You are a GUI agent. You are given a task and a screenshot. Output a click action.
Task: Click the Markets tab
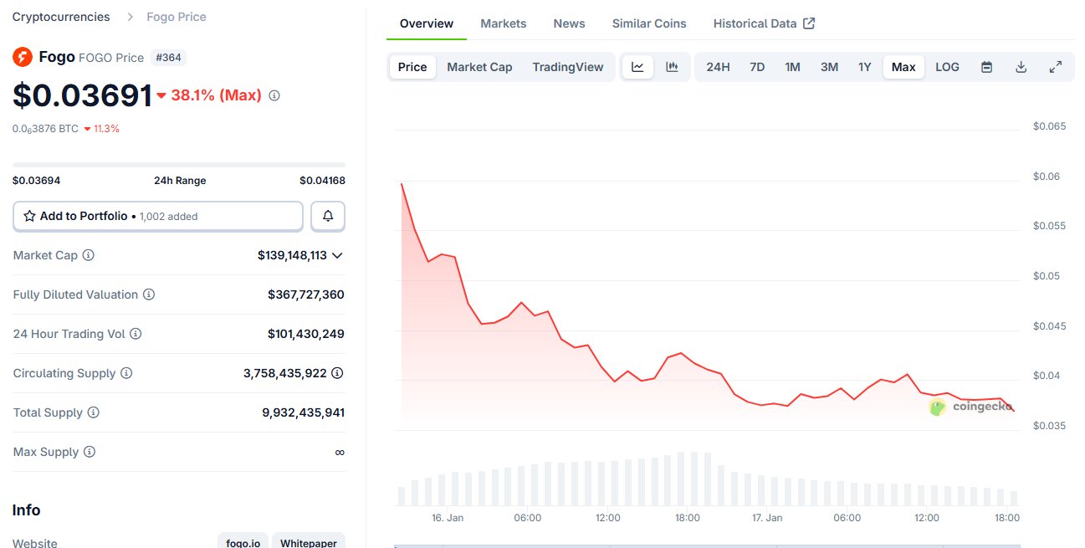[503, 23]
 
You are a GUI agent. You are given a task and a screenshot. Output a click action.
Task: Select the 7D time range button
[757, 67]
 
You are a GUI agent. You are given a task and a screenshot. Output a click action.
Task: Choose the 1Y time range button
[864, 67]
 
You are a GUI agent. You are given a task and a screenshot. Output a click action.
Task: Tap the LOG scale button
[947, 67]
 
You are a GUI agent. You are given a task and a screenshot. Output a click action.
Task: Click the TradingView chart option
[567, 67]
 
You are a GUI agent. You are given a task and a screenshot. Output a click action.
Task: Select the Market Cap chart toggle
[479, 67]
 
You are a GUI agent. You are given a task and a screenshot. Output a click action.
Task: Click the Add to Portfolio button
[158, 216]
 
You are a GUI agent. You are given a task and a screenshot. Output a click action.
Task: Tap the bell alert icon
[328, 216]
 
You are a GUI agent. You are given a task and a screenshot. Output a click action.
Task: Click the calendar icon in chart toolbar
[986, 67]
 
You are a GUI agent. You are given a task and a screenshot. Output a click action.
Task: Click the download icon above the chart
[1021, 67]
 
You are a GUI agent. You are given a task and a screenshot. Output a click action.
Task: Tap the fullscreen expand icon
[1056, 67]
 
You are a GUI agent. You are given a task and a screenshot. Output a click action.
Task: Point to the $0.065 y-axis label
[1049, 126]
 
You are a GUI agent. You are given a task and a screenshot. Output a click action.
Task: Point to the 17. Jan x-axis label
[767, 518]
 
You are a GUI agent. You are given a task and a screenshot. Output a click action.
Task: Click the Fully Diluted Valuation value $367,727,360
[305, 294]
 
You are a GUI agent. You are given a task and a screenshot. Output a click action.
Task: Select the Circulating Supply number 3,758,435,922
[285, 373]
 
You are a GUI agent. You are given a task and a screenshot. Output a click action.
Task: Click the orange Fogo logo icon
[23, 57]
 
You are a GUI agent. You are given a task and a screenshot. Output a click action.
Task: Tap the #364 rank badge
[168, 58]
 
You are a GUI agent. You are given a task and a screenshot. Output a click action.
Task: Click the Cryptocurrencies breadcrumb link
[61, 17]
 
